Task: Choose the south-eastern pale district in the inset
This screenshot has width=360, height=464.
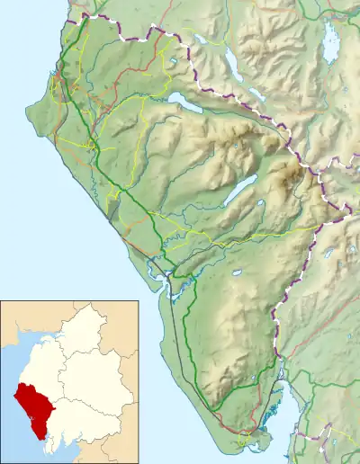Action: click(x=90, y=423)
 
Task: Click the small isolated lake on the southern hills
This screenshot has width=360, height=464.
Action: click(x=237, y=272)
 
